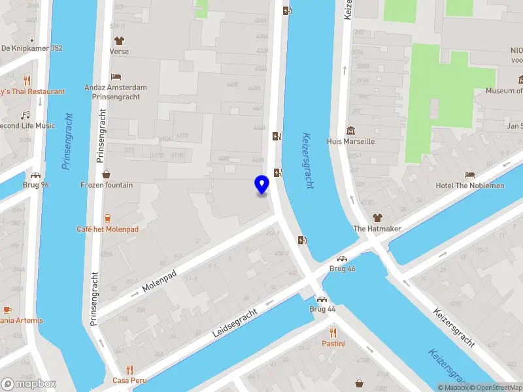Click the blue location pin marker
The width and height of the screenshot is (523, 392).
point(261,184)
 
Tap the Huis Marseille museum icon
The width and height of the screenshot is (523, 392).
point(350,130)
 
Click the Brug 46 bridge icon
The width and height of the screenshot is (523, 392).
point(342,258)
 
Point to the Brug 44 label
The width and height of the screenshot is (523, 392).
point(322,308)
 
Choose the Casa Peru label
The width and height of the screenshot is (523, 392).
point(129,380)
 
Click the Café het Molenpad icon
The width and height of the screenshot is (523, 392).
point(107,218)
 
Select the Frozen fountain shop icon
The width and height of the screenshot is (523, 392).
point(107,174)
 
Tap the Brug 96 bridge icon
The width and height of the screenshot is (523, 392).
point(35,174)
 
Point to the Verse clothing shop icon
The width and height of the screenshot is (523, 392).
point(119,41)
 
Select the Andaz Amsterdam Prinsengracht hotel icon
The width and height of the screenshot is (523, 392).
point(116,76)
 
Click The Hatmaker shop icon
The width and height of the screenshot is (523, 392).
point(377,218)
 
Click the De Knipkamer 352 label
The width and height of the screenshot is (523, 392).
point(32,48)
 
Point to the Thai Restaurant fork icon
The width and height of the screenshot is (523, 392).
point(27,80)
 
